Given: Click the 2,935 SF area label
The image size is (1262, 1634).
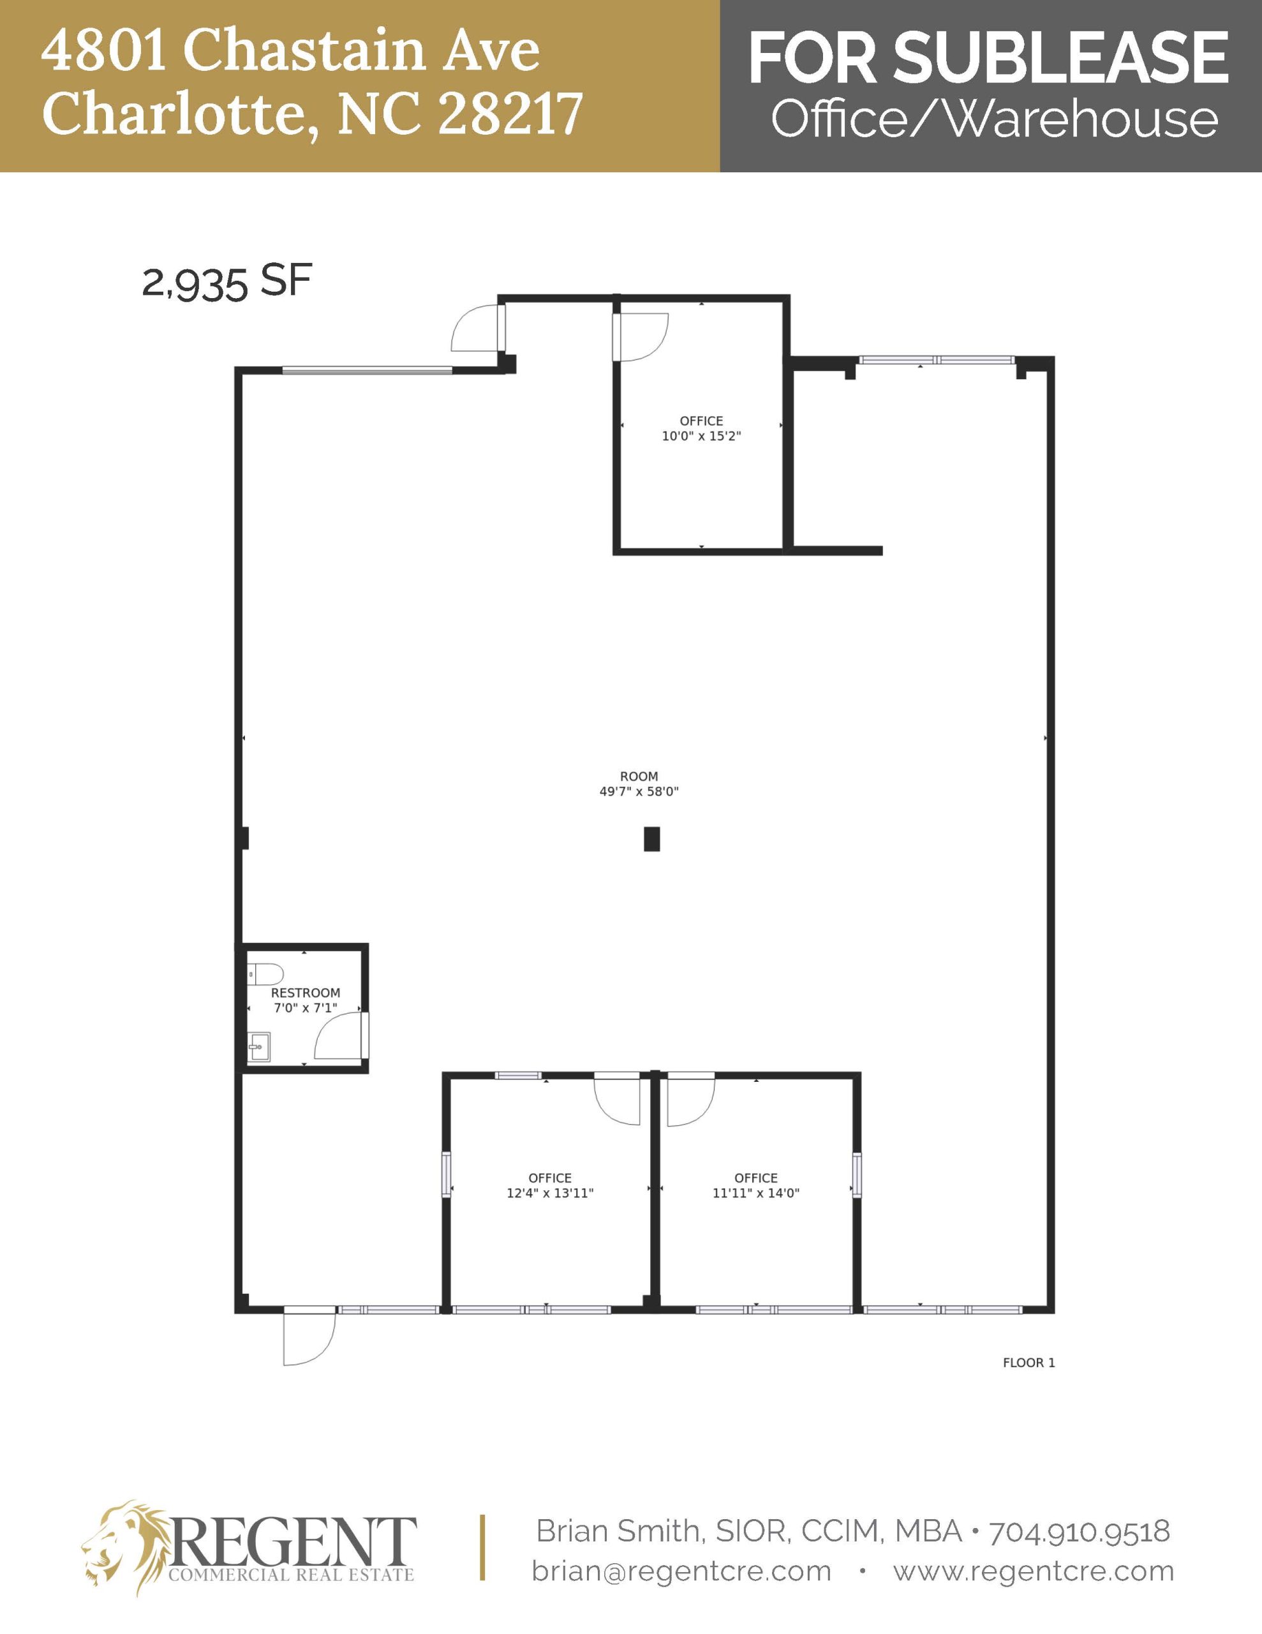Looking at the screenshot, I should click(x=226, y=283).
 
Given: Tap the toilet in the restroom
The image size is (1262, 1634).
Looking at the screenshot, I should click(x=265, y=974).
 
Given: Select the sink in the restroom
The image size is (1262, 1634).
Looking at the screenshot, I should click(x=260, y=1046).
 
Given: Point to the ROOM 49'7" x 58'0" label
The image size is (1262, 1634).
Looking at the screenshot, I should click(x=639, y=784).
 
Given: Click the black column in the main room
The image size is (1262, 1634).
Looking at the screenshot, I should click(x=651, y=839).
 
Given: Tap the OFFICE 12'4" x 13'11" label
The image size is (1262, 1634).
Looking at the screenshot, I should click(x=550, y=1185).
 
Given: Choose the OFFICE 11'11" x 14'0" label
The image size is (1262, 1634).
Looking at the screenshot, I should click(x=755, y=1185).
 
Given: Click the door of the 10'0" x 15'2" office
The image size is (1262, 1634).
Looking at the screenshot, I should click(x=642, y=336).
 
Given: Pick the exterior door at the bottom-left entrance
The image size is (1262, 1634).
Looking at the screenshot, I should click(x=309, y=1338).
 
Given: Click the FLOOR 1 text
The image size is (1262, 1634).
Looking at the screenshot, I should click(x=1028, y=1363).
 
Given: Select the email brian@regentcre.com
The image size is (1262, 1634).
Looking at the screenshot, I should click(x=681, y=1571).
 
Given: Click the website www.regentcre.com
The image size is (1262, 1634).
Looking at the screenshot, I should click(x=1033, y=1571).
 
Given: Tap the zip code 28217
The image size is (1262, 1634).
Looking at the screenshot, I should click(x=510, y=114).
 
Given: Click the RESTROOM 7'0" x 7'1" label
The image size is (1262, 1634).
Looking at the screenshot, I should click(x=305, y=1000).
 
